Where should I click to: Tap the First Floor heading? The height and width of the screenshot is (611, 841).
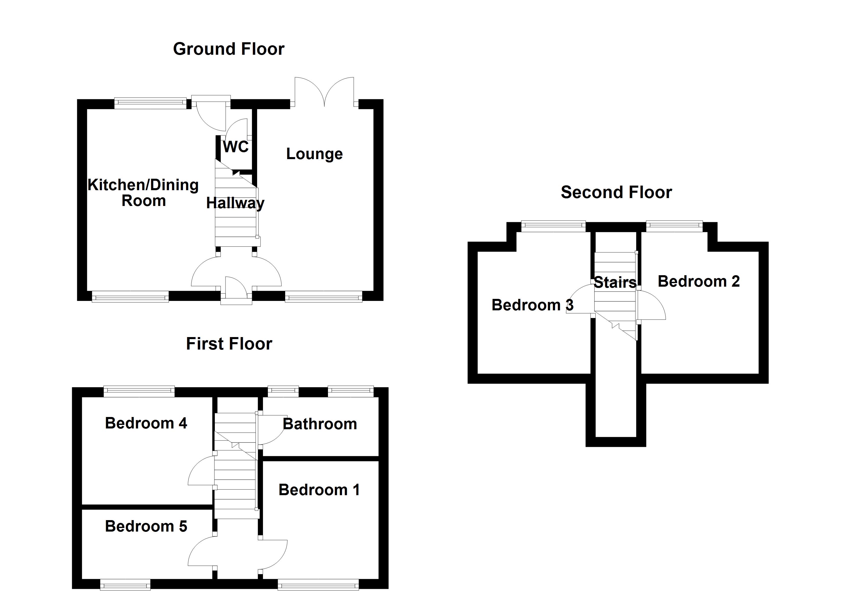point(229,344)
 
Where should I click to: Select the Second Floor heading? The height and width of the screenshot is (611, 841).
point(616,192)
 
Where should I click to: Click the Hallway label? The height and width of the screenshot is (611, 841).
point(235,203)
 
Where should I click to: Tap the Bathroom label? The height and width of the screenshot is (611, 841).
point(320,424)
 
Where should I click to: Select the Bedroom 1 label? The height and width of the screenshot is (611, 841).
point(319,490)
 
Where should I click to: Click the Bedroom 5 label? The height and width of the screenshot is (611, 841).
point(146,526)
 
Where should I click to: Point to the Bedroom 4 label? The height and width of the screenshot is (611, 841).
point(146,423)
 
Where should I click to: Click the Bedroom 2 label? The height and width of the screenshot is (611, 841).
point(699,281)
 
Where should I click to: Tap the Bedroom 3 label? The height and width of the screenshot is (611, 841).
point(532,305)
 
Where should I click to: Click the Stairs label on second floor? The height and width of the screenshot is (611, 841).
point(615,282)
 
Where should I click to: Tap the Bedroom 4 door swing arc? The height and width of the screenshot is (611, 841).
point(200,471)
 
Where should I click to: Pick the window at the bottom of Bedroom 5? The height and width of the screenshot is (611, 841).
point(125,586)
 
